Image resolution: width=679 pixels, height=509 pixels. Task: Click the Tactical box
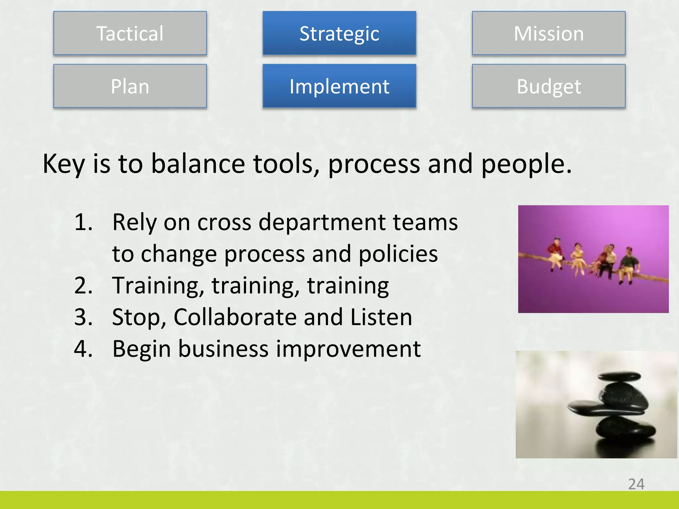130,33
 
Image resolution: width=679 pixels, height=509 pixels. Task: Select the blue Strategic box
339,33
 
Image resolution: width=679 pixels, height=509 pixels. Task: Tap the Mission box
549,33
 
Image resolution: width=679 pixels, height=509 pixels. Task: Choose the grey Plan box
130,86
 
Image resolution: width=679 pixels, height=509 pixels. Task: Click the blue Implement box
339,86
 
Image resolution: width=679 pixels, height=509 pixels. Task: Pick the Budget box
549,86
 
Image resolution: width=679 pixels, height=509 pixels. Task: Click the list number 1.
83,222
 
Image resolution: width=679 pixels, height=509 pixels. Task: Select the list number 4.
83,349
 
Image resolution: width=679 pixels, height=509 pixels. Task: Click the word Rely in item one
134,222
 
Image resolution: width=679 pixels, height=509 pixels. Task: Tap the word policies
398,254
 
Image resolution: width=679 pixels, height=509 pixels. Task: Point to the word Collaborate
235,317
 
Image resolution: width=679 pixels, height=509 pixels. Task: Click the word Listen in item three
381,317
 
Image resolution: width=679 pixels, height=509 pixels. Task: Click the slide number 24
636,484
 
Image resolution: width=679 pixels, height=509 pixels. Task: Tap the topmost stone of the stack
619,376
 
